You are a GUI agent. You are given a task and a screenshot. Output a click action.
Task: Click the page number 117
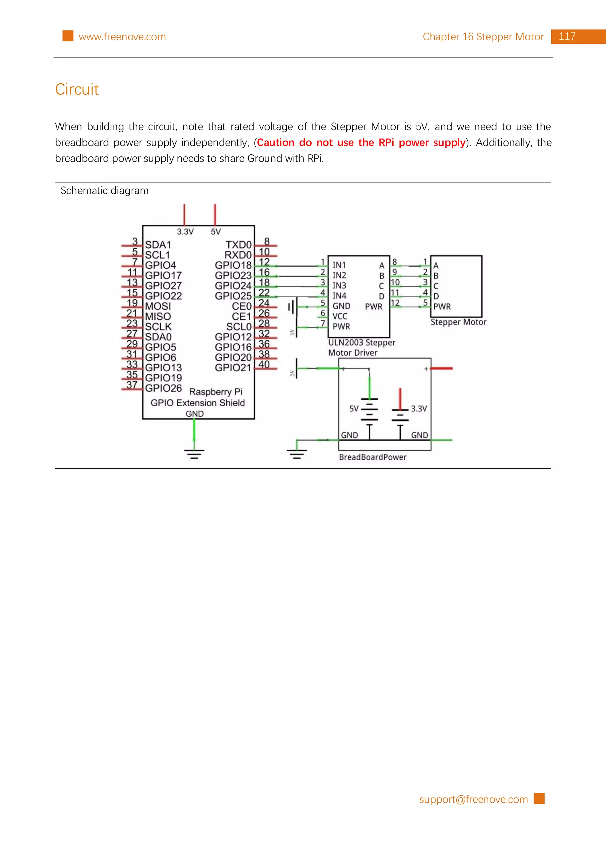(x=567, y=37)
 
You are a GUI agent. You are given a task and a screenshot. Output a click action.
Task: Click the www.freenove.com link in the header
(x=122, y=37)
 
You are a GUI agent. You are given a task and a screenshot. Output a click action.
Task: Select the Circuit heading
(x=77, y=90)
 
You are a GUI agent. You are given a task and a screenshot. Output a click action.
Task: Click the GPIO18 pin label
(x=233, y=265)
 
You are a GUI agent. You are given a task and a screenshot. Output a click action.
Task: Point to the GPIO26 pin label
(x=163, y=388)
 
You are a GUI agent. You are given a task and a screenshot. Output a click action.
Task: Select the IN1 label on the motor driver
(x=339, y=265)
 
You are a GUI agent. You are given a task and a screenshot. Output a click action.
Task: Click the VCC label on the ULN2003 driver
(x=340, y=316)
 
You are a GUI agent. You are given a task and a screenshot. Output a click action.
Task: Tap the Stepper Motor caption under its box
(x=458, y=322)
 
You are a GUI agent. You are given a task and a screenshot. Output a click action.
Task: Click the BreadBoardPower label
(x=372, y=457)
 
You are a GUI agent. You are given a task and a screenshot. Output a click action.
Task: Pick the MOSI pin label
(x=158, y=306)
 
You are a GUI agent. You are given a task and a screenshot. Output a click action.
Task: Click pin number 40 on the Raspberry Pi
(x=264, y=364)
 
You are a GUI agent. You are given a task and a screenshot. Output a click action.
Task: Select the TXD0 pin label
(x=238, y=245)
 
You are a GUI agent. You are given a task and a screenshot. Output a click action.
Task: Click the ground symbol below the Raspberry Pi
(x=194, y=454)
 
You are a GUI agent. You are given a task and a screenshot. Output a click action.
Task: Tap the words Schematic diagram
(x=104, y=191)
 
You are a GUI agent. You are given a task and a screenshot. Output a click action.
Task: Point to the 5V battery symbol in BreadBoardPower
(x=369, y=410)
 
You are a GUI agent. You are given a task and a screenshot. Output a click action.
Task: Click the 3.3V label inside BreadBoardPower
(x=419, y=409)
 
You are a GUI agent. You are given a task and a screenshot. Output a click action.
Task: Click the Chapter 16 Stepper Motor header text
(x=483, y=37)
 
